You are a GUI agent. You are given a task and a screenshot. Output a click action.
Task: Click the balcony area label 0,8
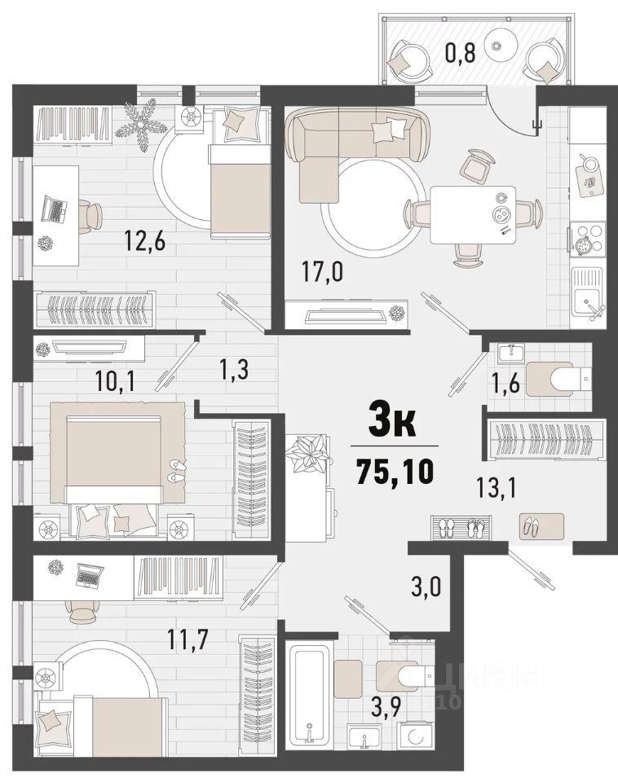coord(460,52)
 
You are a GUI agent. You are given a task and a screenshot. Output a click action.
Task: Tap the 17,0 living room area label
coord(322,272)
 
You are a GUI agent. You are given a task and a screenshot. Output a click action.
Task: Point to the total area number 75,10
coord(395,472)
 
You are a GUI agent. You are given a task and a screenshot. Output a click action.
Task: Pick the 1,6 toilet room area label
coord(505,383)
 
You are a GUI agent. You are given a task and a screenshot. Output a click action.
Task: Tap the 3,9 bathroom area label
coord(388,707)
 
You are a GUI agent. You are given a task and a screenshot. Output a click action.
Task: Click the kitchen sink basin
coord(586,298)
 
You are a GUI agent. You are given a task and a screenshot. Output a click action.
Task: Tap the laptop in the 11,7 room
coord(90,577)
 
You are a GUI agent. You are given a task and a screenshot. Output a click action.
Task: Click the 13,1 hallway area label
coord(497,487)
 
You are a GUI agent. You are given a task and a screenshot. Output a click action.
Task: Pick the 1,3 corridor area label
coord(234,370)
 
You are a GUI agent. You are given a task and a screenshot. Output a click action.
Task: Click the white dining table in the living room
coord(473,214)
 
